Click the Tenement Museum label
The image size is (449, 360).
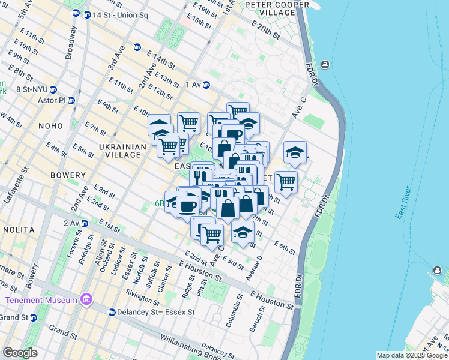click(41, 299)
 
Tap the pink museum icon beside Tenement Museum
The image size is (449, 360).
click(86, 299)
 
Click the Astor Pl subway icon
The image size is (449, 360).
click(71, 100)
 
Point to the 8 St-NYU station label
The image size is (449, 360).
click(31, 89)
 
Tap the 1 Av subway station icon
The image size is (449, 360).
click(206, 85)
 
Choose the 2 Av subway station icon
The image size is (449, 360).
click(84, 223)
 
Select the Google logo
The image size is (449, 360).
click(20, 352)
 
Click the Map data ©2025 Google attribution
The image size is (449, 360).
click(411, 355)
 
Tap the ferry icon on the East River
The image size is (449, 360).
click(325, 65)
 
